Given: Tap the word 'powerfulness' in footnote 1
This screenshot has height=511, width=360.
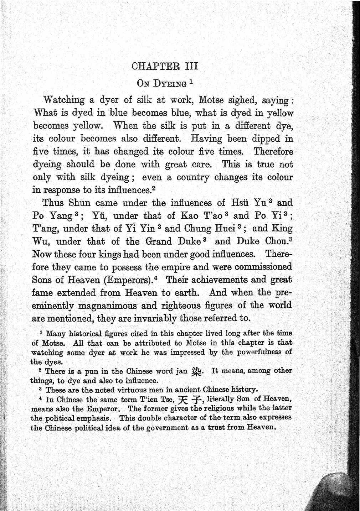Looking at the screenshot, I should click(262, 352).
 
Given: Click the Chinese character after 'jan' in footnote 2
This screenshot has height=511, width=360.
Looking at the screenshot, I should click(196, 371).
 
